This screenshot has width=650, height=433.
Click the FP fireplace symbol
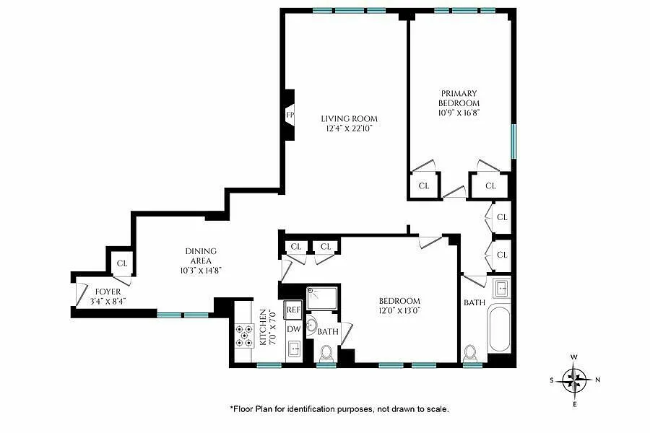coord(290,115)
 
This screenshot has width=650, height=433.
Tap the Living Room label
coord(349,119)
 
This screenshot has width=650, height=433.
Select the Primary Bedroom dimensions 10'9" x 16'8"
coord(459,113)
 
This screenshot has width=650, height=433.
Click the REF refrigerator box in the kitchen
coord(293,310)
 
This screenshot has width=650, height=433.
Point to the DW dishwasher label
coord(293,329)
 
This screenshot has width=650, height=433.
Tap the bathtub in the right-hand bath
coord(498,329)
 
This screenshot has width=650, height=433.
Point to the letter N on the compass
coord(597,380)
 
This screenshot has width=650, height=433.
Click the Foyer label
coord(108,292)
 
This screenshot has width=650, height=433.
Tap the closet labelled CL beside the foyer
coord(122,263)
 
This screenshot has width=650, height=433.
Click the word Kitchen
coord(262,328)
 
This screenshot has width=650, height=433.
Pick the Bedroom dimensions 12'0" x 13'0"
coord(399,310)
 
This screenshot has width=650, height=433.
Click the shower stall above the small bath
coord(324,298)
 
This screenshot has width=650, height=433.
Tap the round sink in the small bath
coord(311,323)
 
